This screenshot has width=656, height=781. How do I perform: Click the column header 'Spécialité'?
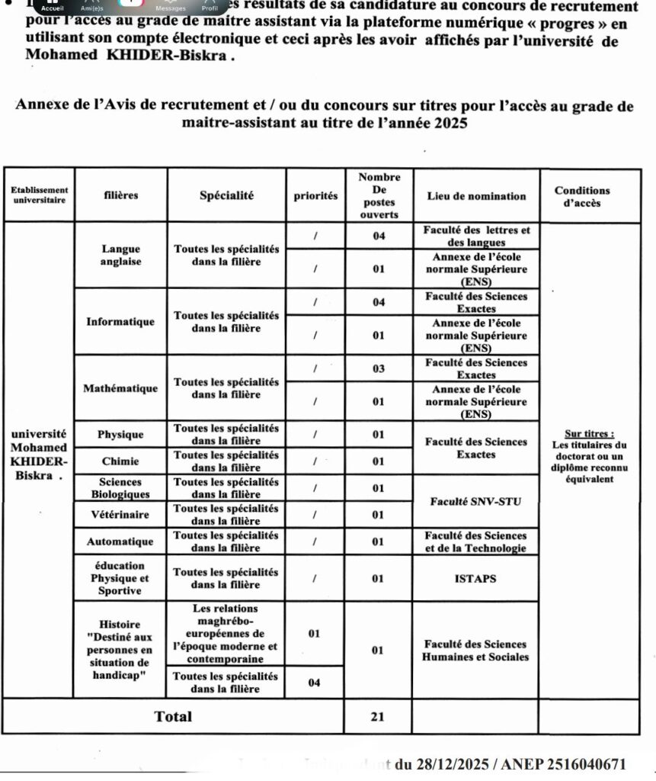pyautogui.click(x=226, y=195)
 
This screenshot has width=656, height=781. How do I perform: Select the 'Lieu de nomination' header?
pyautogui.click(x=475, y=196)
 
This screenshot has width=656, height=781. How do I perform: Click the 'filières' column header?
pyautogui.click(x=120, y=195)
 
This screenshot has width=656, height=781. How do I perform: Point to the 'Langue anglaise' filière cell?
pyautogui.click(x=120, y=255)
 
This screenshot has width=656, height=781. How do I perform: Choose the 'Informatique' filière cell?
pyautogui.click(x=120, y=321)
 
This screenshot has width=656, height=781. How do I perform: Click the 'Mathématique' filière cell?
pyautogui.click(x=120, y=388)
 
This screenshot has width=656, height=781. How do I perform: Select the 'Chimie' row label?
pyautogui.click(x=120, y=461)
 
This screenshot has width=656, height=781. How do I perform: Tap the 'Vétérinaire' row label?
pyautogui.click(x=120, y=515)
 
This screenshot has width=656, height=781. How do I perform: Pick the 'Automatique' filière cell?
pyautogui.click(x=120, y=542)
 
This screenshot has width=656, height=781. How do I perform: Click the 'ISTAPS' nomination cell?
pyautogui.click(x=475, y=578)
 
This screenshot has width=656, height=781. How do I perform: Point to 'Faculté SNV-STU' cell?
pyautogui.click(x=475, y=501)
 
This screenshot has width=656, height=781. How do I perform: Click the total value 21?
pyautogui.click(x=379, y=716)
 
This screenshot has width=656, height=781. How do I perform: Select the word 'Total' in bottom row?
pyautogui.click(x=173, y=716)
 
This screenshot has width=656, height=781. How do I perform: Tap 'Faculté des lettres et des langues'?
pyautogui.click(x=475, y=236)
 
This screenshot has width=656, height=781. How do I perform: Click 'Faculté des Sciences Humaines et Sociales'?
pyautogui.click(x=475, y=650)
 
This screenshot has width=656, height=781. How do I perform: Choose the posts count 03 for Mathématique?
pyautogui.click(x=379, y=369)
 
